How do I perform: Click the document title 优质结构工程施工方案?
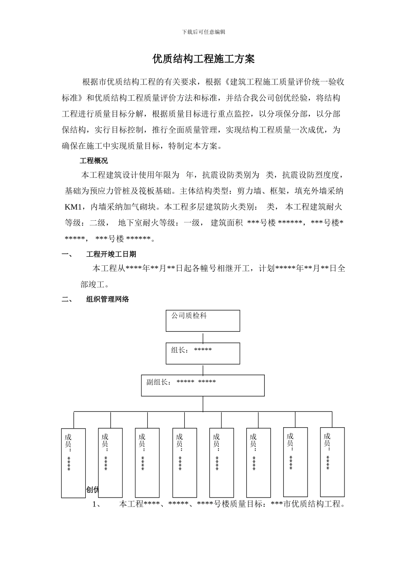click(203, 59)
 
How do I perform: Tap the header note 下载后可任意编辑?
click(203, 32)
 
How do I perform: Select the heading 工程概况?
click(94, 161)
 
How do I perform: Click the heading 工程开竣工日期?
click(111, 254)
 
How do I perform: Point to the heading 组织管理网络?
click(108, 300)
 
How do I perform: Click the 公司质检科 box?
click(203, 321)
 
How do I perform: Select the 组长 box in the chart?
click(203, 354)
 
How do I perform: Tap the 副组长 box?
click(203, 385)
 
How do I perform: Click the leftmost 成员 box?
click(73, 463)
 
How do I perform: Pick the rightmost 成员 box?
click(332, 462)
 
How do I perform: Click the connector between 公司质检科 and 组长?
click(203, 337)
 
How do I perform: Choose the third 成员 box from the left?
click(147, 462)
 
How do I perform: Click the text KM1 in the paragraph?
click(73, 207)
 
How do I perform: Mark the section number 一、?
click(68, 254)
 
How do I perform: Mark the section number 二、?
click(68, 300)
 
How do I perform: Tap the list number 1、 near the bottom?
click(97, 504)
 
